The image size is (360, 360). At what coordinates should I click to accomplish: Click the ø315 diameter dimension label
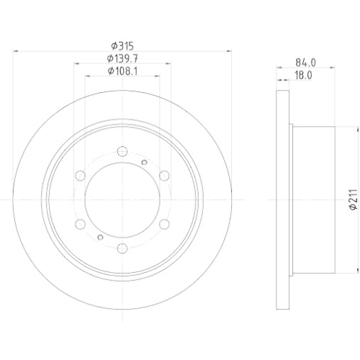point(120,45)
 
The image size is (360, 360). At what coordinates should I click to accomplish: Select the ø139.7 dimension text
point(122,58)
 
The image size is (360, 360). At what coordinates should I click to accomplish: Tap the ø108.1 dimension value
point(122,71)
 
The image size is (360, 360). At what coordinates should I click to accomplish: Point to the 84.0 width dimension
point(305,63)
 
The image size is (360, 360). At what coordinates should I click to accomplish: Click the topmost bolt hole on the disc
point(121,151)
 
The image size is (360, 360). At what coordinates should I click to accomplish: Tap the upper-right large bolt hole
point(162,175)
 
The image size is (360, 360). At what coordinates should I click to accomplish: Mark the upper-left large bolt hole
point(80,175)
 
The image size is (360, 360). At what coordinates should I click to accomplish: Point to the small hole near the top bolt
point(145,162)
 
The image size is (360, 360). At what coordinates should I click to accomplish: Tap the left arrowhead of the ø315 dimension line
point(17,51)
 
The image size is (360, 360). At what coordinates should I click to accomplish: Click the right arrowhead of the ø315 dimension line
point(226,51)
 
